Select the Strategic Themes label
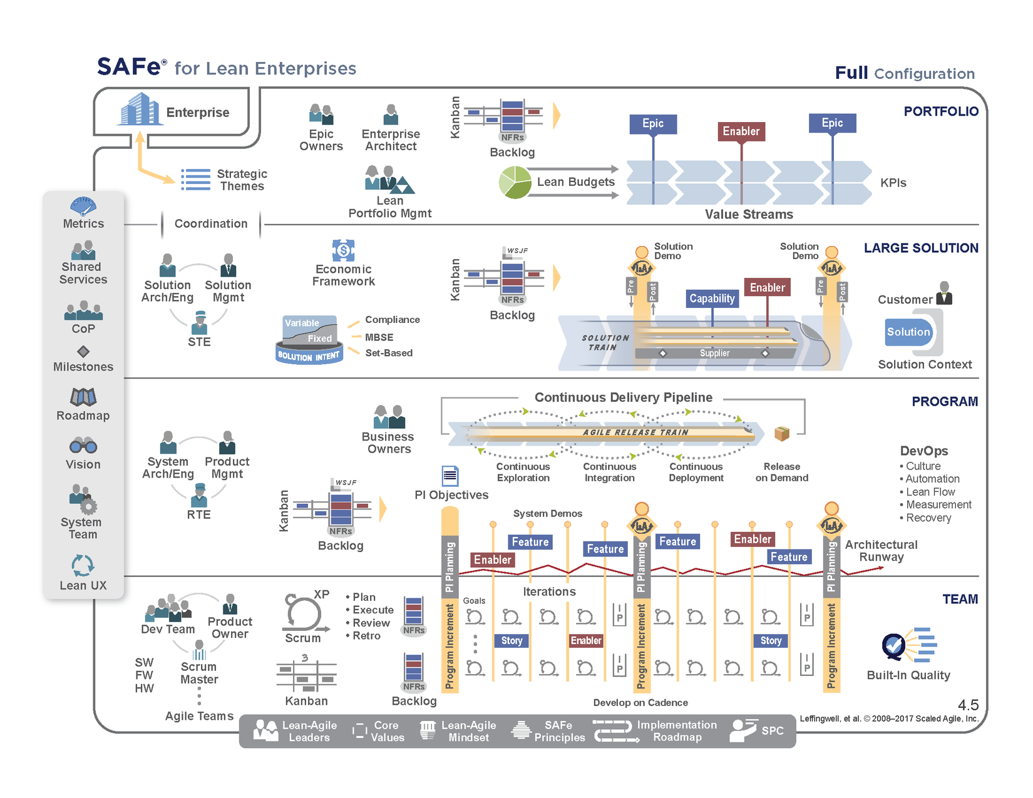click(242, 180)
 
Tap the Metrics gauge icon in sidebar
click(83, 206)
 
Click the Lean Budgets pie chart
click(515, 182)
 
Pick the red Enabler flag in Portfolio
click(741, 131)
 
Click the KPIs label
click(893, 183)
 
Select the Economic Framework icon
click(343, 250)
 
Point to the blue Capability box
click(712, 299)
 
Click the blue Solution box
click(908, 332)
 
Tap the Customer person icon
click(944, 293)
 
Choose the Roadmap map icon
click(83, 397)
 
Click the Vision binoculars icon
click(83, 446)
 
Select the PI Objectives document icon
click(450, 476)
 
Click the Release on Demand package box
click(781, 433)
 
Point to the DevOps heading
click(923, 451)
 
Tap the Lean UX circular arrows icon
click(83, 565)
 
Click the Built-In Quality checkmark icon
click(894, 645)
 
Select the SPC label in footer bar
click(773, 730)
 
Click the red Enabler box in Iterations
click(586, 640)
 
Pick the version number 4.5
click(968, 705)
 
